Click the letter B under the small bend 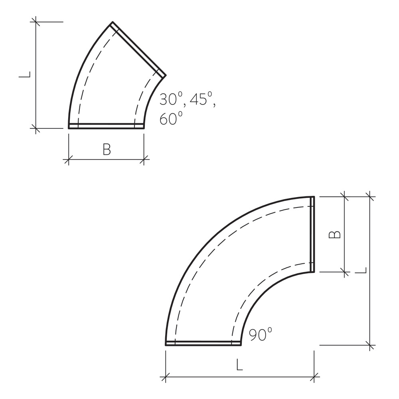[x=107, y=150]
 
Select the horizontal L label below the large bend [x=239, y=365]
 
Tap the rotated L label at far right [x=361, y=271]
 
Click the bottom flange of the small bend [x=106, y=126]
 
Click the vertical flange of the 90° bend [x=312, y=234]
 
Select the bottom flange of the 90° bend [x=203, y=343]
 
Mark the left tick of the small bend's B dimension [x=69, y=160]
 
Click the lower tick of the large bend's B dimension [x=344, y=272]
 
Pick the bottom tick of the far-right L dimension [x=371, y=345]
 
